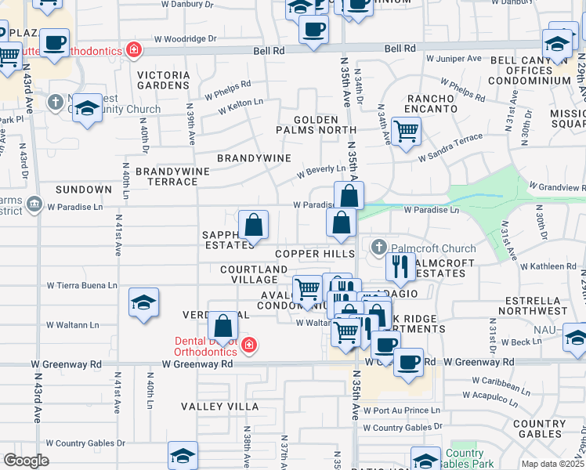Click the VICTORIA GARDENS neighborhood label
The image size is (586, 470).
pos(163,81)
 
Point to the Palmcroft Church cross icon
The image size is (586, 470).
pos(378,248)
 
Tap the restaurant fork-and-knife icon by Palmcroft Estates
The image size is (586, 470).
pos(400,267)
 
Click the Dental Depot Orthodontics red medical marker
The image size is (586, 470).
pos(248,345)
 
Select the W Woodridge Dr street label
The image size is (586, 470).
pos(185,38)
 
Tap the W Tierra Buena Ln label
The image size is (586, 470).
pos(82,286)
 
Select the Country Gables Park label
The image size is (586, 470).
pos(465,458)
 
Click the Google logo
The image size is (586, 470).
pos(26,461)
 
